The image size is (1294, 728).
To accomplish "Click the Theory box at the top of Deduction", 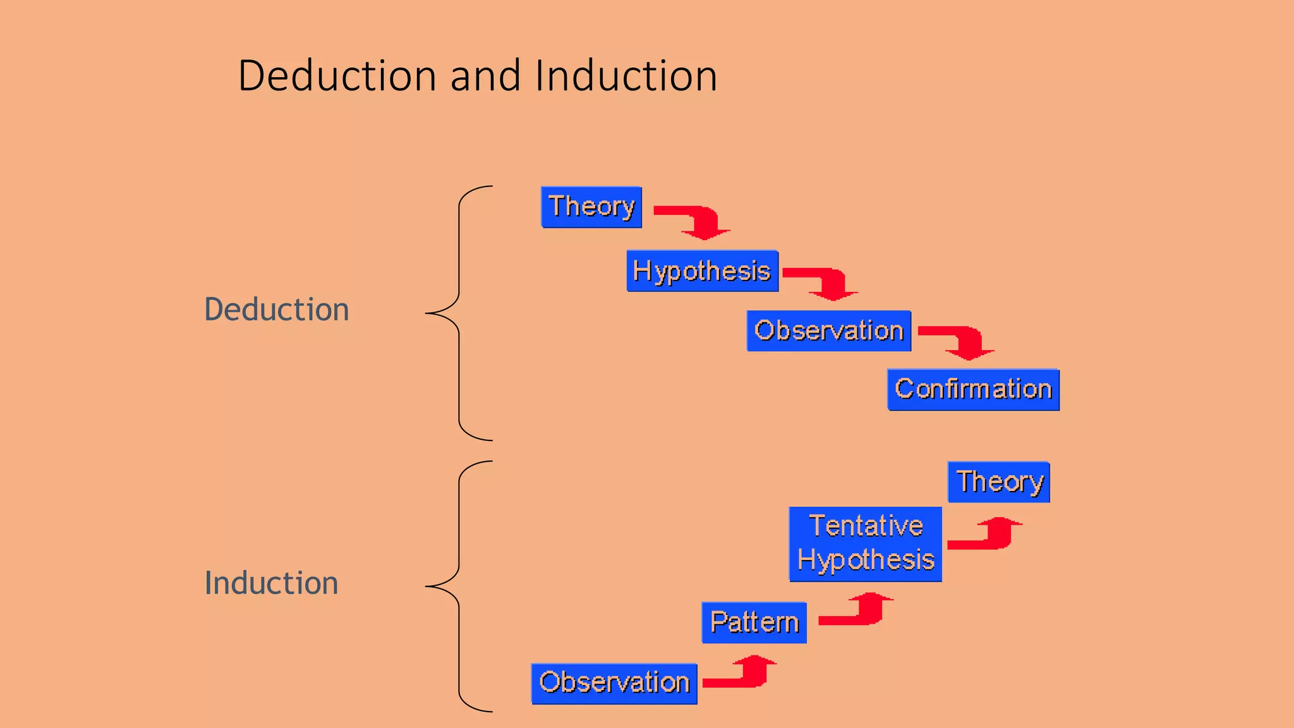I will tap(591, 207).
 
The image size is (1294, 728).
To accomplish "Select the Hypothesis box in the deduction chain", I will tap(702, 271).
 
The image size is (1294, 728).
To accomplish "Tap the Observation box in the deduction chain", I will tap(828, 331).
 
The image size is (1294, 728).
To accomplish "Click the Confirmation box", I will tap(973, 389).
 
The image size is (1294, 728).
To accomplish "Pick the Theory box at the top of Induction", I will tap(998, 482).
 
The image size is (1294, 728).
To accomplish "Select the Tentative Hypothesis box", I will tap(865, 543).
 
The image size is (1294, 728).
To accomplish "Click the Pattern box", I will tap(754, 622).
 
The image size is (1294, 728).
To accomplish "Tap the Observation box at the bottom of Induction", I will tap(614, 683).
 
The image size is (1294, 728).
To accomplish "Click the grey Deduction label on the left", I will tap(276, 310).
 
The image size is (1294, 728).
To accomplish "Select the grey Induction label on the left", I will tap(271, 583).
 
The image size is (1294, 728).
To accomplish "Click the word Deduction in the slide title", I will tap(337, 76).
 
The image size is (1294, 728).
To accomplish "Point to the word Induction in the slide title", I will tap(626, 76).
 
